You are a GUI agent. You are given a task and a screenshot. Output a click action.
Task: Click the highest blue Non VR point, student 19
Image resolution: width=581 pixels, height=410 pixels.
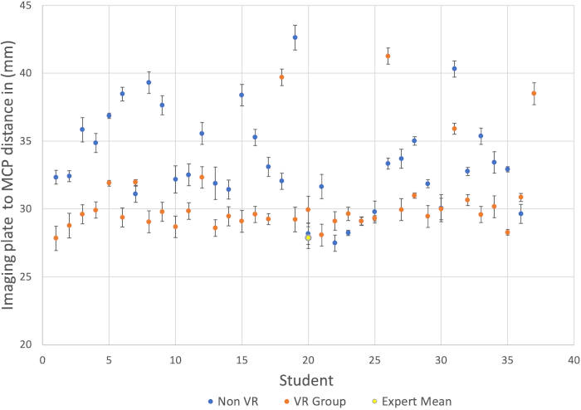coord(295,37)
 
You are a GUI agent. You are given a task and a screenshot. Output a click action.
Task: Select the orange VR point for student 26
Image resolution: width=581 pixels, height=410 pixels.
coord(388,56)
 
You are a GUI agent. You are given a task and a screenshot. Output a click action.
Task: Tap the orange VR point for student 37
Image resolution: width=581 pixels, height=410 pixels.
coord(534,93)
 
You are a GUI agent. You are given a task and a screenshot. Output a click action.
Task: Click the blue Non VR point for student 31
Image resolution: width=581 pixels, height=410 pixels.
coord(454,68)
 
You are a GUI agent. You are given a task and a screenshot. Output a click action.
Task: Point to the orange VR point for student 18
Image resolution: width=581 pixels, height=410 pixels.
coord(281,77)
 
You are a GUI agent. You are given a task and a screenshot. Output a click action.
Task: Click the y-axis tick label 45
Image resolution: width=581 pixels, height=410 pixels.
coord(25,6)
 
